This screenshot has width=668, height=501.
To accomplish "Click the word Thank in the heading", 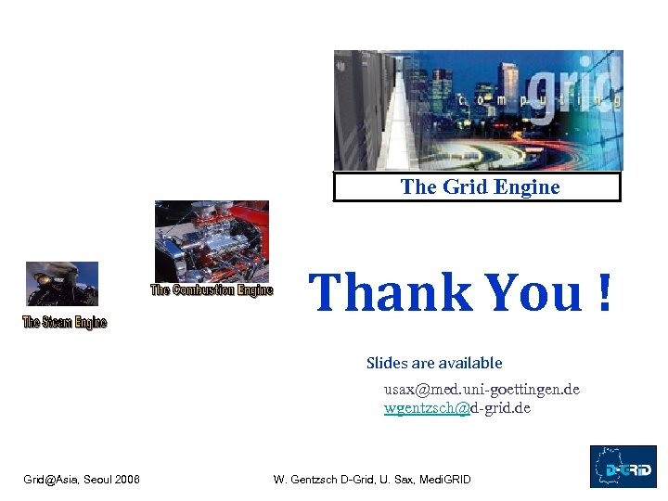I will coord(391,292).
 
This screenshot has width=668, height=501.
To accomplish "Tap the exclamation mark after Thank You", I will coord(604,292).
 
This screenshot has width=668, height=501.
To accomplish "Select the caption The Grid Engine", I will coord(480,187).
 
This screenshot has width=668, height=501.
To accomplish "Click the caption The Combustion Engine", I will coord(212,290).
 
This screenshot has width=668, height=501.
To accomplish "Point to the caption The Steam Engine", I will coord(65,322).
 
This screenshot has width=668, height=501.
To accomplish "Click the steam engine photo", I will coord(61,284).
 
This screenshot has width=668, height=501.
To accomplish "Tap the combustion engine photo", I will coord(212,241).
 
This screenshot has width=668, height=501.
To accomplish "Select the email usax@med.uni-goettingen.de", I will coord(482,389).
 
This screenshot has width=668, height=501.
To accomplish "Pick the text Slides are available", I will coord(434,363).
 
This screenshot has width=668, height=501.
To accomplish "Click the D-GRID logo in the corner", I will coord(623,467).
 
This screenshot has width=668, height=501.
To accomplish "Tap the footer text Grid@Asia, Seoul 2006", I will coord(82,480).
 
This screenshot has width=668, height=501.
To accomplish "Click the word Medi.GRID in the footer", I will coord(445,480).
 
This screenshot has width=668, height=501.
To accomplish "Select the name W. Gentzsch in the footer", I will coord(305,480).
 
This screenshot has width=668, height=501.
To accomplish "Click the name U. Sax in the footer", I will coord(395,480).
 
